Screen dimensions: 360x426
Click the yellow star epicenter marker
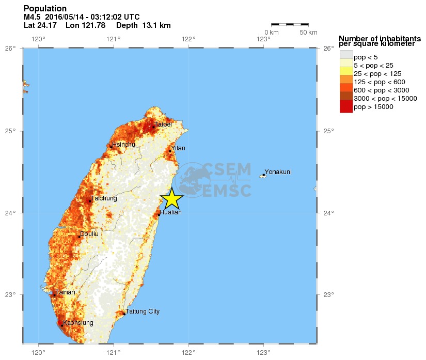tap(171, 198)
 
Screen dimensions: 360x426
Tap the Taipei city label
tap(163, 124)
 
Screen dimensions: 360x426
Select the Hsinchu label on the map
tap(123, 145)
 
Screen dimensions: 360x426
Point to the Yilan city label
tap(178, 148)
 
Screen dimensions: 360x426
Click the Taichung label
tap(104, 198)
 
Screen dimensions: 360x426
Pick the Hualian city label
tap(170, 212)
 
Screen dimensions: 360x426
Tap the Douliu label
tap(89, 234)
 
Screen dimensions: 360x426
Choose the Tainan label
tap(65, 292)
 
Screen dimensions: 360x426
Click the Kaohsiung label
tap(78, 323)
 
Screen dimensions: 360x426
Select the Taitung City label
tap(143, 311)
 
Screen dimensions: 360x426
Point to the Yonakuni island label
tap(278, 172)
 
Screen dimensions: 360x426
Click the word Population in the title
tap(45, 9)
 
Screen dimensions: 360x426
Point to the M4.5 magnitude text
tap(33, 17)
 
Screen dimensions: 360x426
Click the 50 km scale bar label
tap(309, 33)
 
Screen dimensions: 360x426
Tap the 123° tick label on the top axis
tap(264, 39)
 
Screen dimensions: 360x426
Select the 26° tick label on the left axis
tap(10, 49)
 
